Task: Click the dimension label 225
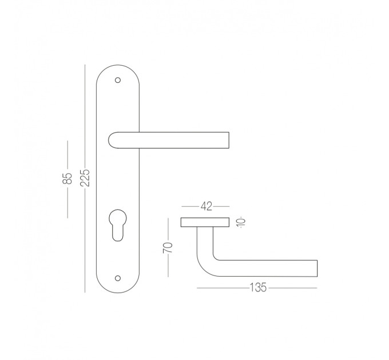[85, 178]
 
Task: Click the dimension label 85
[67, 178]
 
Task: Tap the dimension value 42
[207, 206]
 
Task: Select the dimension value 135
[258, 287]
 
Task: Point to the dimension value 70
[168, 248]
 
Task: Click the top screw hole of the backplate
[118, 80]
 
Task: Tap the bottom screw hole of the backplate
[118, 278]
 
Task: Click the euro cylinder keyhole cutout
[118, 225]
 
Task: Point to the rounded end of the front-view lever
[109, 140]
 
